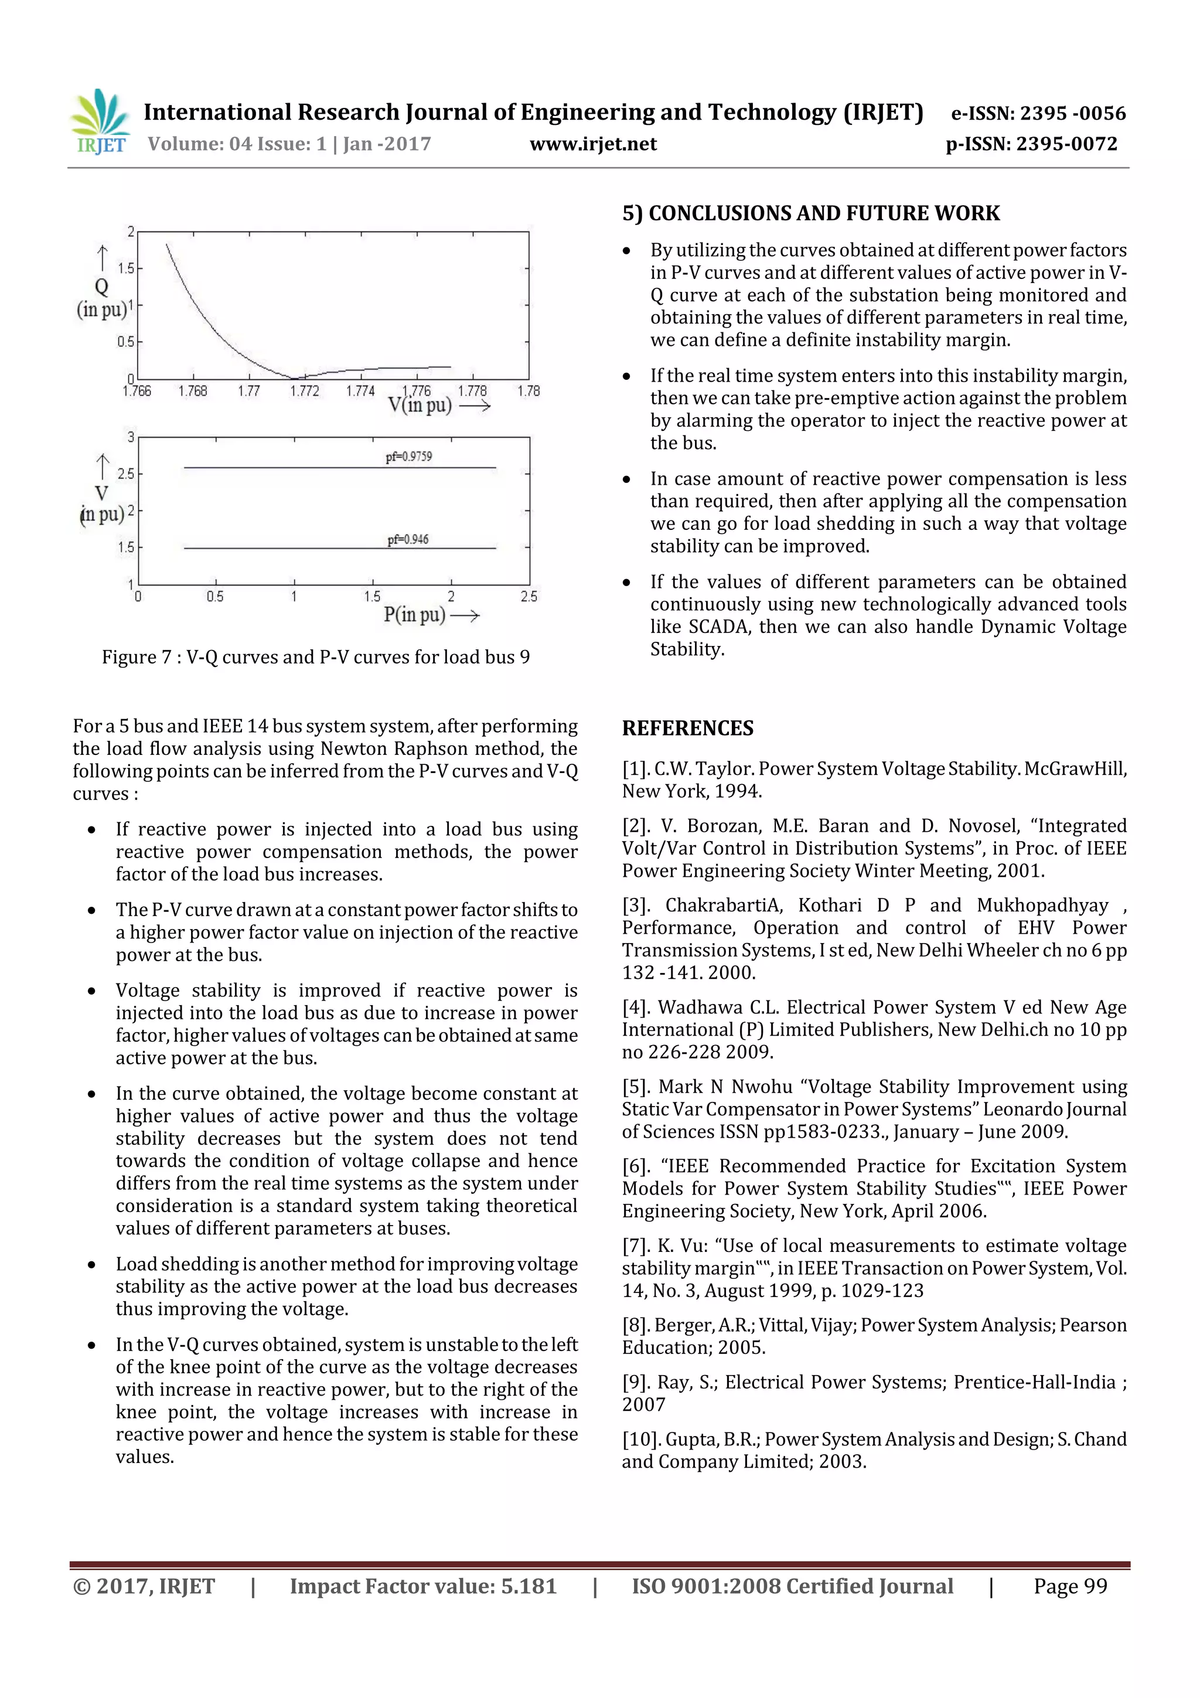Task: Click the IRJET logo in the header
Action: coord(100,121)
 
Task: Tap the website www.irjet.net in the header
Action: coord(593,144)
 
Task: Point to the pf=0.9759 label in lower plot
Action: coord(408,457)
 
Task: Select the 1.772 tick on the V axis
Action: coord(304,391)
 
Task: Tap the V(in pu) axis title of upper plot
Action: coord(419,405)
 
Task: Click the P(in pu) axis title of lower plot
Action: coord(414,615)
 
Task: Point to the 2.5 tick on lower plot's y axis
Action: coord(127,474)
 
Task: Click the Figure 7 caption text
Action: coord(316,658)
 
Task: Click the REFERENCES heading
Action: coord(688,729)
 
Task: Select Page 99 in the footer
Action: coord(1070,1586)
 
